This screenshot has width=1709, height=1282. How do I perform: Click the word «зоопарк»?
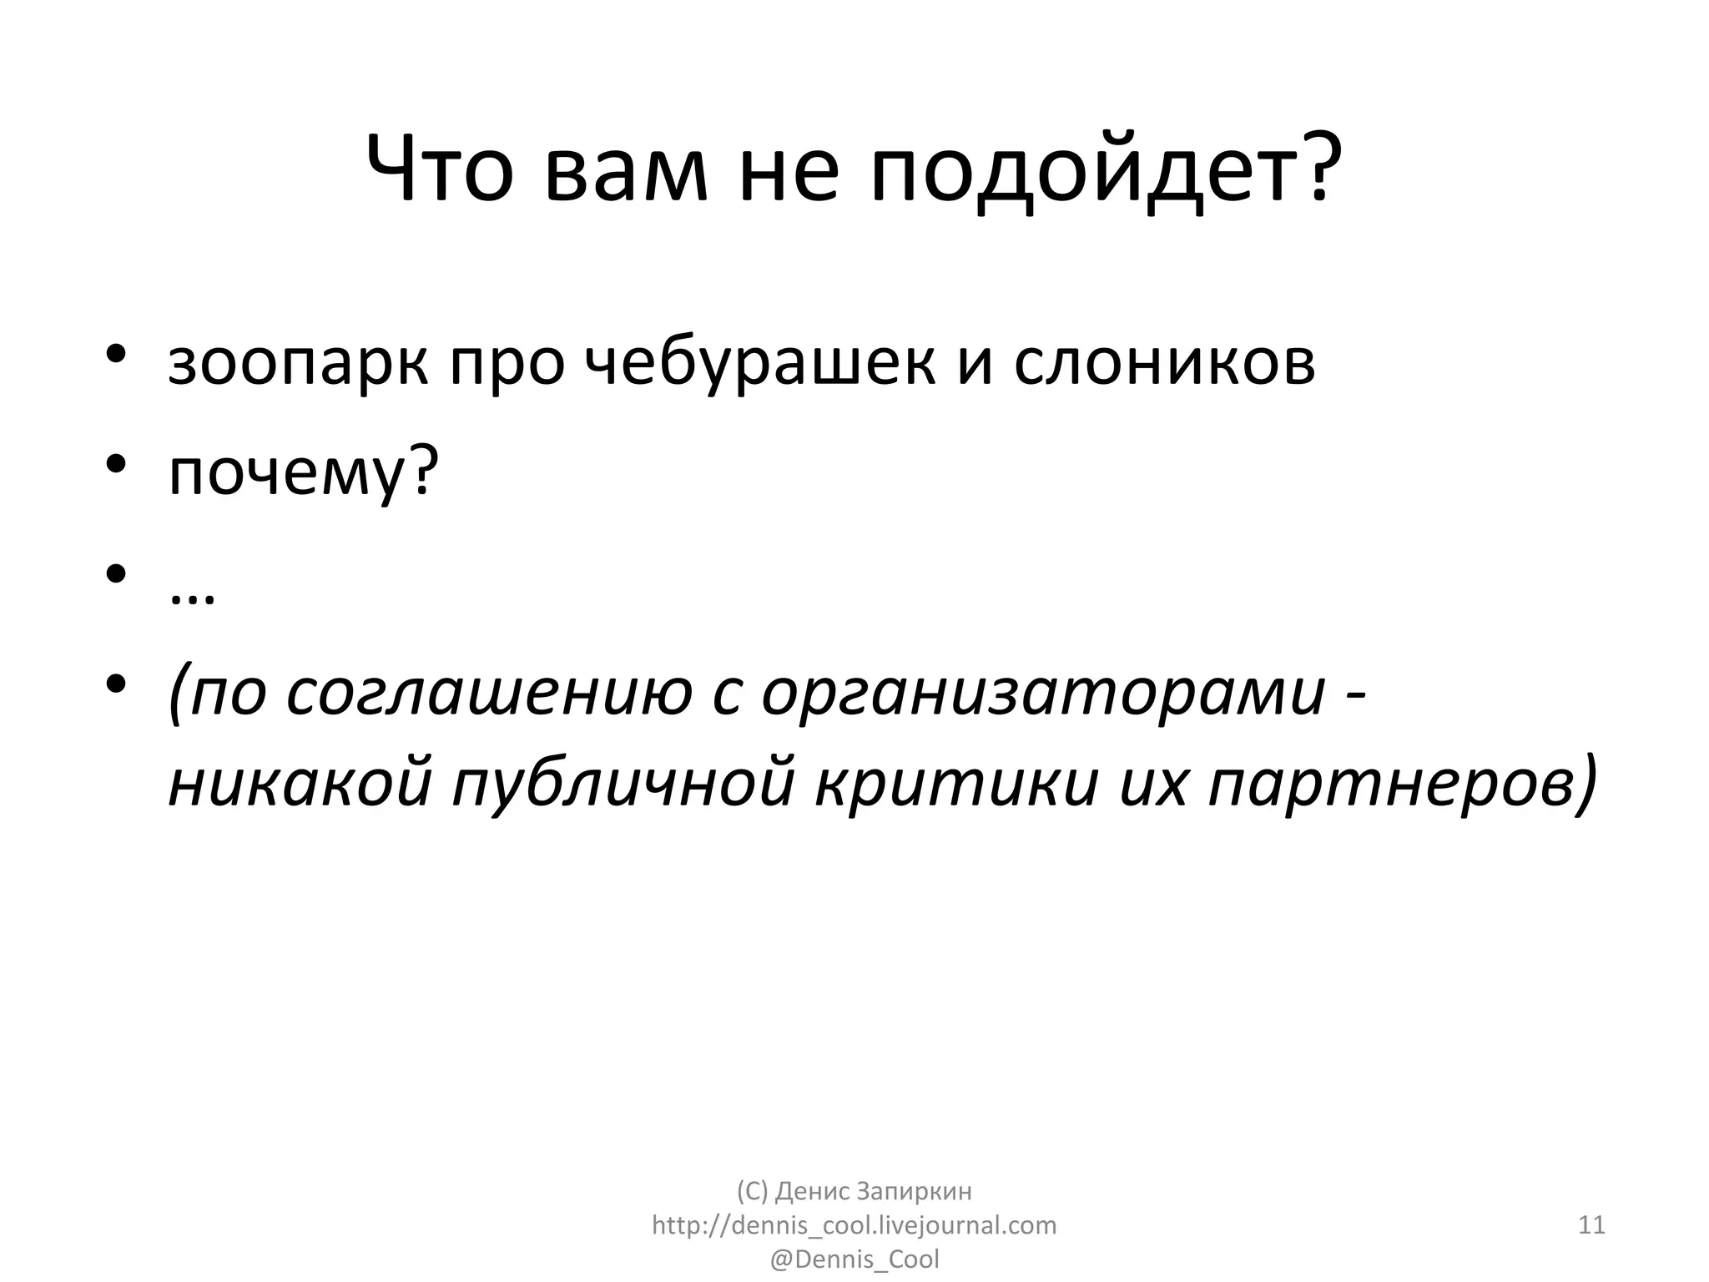(298, 365)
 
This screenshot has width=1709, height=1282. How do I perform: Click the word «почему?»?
(303, 474)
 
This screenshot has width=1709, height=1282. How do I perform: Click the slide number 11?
(1591, 1225)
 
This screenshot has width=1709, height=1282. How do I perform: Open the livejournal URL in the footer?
(854, 1225)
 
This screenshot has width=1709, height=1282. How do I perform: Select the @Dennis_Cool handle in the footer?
(854, 1259)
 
